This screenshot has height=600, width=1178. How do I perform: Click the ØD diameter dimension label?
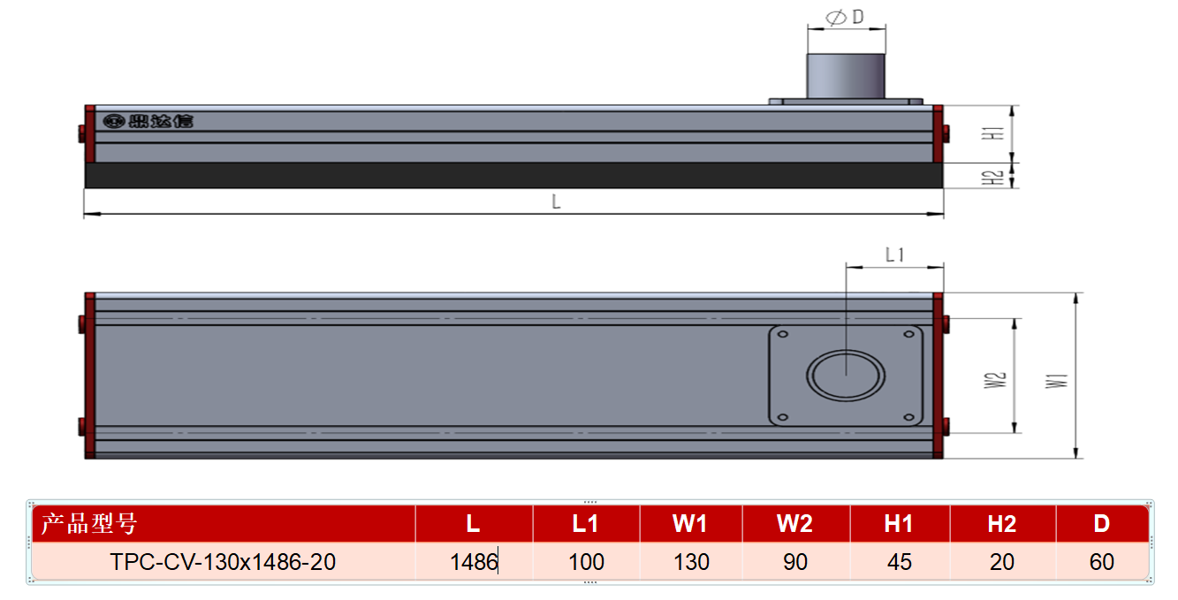pyautogui.click(x=845, y=18)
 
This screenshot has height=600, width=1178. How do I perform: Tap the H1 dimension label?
pyautogui.click(x=992, y=133)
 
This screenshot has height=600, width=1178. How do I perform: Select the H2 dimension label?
pyautogui.click(x=992, y=178)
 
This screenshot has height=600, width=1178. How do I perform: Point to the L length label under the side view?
pyautogui.click(x=556, y=201)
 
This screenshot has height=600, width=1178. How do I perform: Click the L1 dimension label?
pyautogui.click(x=894, y=255)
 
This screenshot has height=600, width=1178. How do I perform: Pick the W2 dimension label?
pyautogui.click(x=995, y=380)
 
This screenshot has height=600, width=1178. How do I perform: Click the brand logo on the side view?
pyautogui.click(x=148, y=121)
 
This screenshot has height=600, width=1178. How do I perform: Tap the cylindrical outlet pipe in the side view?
pyautogui.click(x=846, y=76)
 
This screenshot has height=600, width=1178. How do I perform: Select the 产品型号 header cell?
pyautogui.click(x=89, y=524)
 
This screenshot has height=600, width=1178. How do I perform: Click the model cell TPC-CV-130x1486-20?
pyautogui.click(x=223, y=562)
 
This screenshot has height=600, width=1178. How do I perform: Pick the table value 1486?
pyautogui.click(x=474, y=562)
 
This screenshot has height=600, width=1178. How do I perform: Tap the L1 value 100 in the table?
pyautogui.click(x=587, y=562)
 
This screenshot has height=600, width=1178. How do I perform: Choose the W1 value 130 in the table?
pyautogui.click(x=692, y=562)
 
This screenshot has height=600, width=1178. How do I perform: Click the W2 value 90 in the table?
pyautogui.click(x=795, y=562)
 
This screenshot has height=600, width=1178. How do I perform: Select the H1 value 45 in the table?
pyautogui.click(x=900, y=562)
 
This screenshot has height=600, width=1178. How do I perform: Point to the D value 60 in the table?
pyautogui.click(x=1102, y=562)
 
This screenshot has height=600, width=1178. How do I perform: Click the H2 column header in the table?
pyautogui.click(x=1002, y=524)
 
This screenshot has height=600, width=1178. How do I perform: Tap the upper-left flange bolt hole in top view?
pyautogui.click(x=782, y=334)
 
